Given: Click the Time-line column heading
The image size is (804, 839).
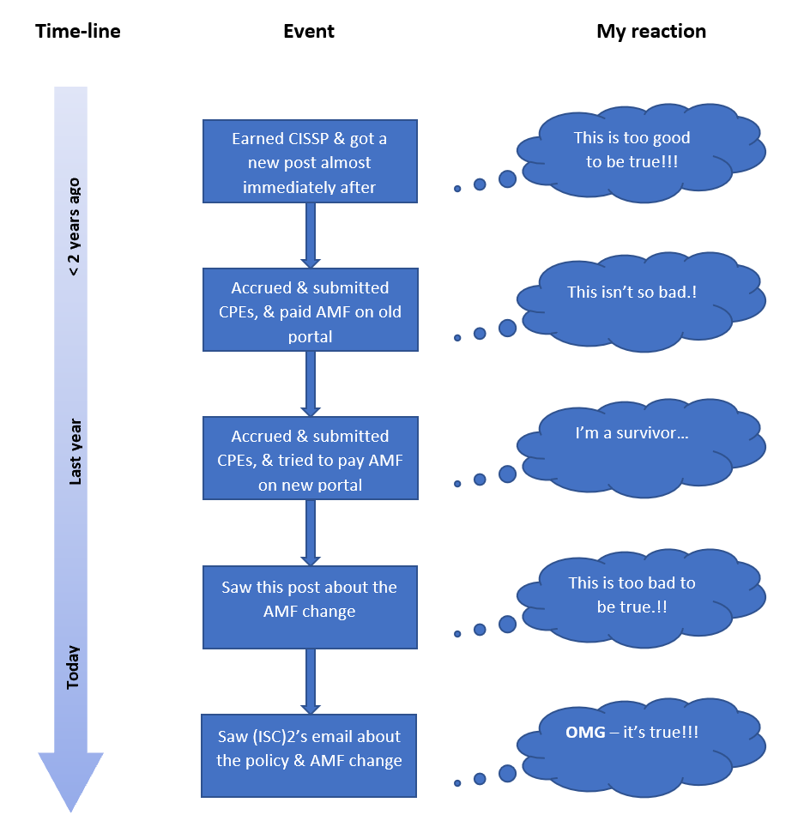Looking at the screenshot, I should coord(77,32).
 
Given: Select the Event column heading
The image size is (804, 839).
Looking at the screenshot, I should coord(309,32).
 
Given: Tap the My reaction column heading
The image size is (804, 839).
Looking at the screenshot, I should coord(651,32).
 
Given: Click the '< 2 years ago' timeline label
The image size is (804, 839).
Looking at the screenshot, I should coord(75,227).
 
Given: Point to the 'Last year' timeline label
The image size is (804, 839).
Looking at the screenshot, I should coord(75,452).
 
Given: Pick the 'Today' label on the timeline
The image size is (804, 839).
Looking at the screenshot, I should coord(75,667).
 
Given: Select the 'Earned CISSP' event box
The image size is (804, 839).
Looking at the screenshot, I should coord(310,162).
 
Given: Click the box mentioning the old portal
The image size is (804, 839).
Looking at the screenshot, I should coord(310,311).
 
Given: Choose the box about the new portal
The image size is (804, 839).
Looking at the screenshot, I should coord(310,459).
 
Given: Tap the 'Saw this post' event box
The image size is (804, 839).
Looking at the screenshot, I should coord(310,607).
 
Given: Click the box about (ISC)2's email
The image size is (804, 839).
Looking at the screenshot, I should coord(310,755).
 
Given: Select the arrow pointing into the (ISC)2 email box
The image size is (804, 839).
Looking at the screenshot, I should coord(311,681).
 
